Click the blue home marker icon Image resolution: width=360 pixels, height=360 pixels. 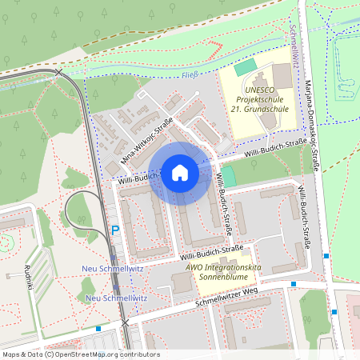179,172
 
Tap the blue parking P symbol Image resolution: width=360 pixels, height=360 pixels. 115,230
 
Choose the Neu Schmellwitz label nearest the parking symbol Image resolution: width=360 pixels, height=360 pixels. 113,268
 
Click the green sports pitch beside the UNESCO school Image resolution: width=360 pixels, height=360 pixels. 246,69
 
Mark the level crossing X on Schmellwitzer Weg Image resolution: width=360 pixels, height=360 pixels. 124,322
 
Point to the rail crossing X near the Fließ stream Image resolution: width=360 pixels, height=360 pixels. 58,73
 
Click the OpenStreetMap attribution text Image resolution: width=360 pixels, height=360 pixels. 80,354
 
